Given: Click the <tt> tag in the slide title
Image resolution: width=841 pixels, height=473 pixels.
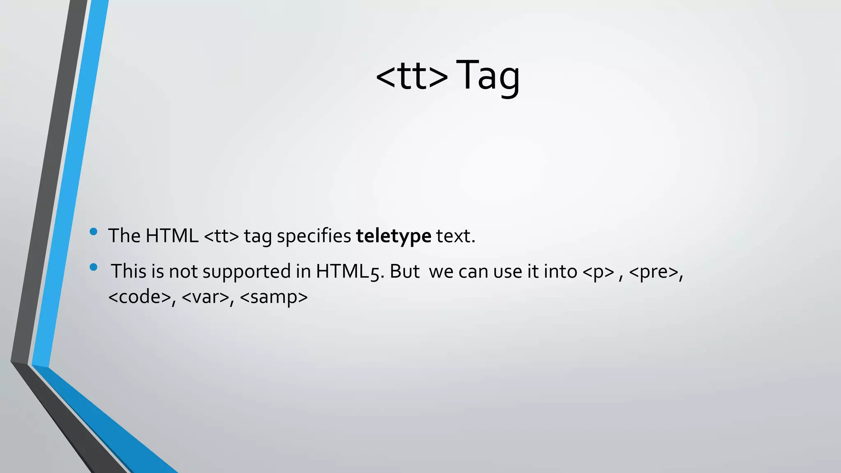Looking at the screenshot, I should tap(411, 76).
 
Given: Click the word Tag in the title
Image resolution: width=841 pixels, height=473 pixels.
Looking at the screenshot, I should tap(487, 76).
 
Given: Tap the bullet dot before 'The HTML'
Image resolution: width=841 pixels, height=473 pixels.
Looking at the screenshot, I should tap(93, 232).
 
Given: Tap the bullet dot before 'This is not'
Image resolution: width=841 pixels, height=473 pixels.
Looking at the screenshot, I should tap(93, 267).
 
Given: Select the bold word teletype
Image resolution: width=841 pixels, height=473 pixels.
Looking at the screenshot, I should tap(393, 236).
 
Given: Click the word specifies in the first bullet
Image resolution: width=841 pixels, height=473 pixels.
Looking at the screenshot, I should tap(314, 236).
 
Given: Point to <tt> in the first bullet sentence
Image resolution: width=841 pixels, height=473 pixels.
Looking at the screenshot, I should tap(221, 236).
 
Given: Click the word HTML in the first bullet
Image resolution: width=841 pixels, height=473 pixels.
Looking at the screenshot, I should tap(172, 236).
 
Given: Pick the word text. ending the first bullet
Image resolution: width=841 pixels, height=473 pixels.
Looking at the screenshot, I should tap(455, 236).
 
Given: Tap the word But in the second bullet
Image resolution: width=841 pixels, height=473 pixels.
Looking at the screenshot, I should tap(404, 272).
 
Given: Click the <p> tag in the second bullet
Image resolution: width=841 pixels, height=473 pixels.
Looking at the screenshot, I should tap(598, 272).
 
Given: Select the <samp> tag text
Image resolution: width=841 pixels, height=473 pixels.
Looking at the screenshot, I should tap(273, 297).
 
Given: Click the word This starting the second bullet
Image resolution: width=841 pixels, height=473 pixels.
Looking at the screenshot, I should tap(128, 272).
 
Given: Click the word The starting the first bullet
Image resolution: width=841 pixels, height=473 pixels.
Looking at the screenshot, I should tap(124, 236).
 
